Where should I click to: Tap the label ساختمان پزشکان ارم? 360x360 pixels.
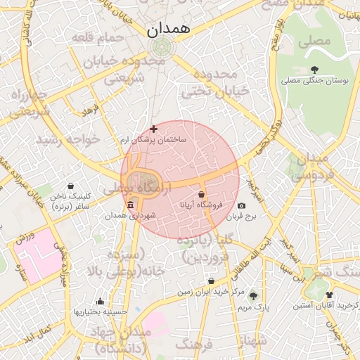pos(154,141)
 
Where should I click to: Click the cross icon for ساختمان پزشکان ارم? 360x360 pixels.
pos(154,129)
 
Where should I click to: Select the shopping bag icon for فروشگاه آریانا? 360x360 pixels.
pos(202,195)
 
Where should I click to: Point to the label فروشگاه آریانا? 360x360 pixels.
pos(202,206)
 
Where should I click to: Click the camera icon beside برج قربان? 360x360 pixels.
pos(242,206)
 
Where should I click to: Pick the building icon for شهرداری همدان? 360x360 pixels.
pos(129,205)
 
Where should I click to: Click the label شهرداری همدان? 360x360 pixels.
pos(129,217)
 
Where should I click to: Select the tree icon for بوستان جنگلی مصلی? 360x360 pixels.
pos(314,69)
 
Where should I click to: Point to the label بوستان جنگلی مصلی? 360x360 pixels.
pos(314,81)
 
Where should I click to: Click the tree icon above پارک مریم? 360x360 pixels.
pos(253,296)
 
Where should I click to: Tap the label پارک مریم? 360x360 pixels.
pos(253,307)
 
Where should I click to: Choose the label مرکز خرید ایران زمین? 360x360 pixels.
pos(210,291)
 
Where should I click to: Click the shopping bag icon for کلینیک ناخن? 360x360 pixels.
pos(70,186)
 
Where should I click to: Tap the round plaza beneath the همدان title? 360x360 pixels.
pos(162,48)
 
